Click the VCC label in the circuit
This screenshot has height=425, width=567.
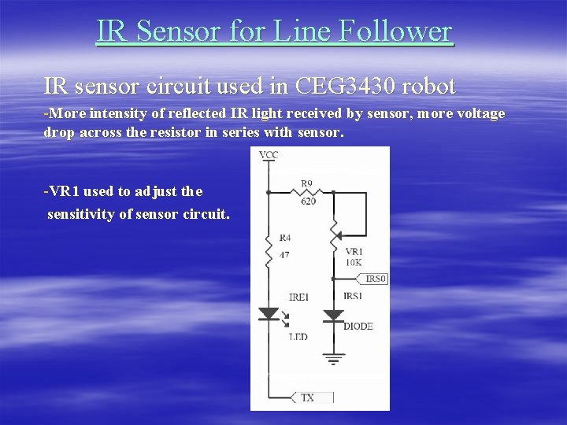(x=269, y=155)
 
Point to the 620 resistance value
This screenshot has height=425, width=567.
(x=308, y=201)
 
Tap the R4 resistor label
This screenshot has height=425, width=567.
(x=285, y=237)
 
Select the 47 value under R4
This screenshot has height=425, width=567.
(x=284, y=254)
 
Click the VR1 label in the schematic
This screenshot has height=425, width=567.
(x=354, y=251)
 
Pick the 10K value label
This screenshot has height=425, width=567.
(x=354, y=262)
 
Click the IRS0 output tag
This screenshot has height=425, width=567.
(x=376, y=279)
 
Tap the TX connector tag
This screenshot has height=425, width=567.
(x=307, y=397)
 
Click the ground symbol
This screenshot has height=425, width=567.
(x=334, y=360)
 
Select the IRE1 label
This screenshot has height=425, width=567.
(x=299, y=297)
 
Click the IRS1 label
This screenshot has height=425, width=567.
(x=353, y=296)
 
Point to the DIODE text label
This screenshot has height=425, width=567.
(x=358, y=326)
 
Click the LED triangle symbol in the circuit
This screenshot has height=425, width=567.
(x=269, y=313)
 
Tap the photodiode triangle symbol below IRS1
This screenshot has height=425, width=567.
(x=334, y=314)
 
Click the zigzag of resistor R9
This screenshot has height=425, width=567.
(x=307, y=192)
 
